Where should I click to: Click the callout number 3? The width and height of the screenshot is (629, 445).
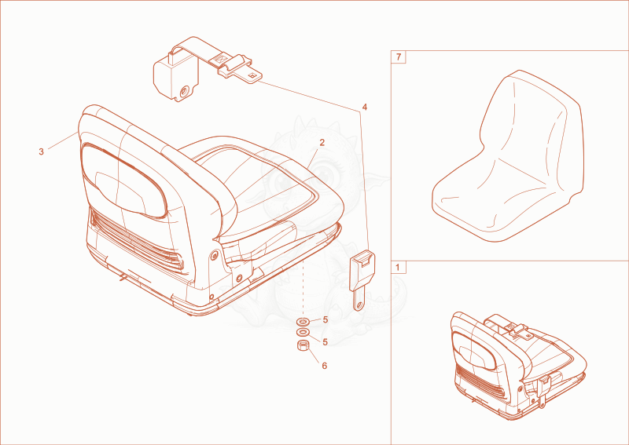[41, 152]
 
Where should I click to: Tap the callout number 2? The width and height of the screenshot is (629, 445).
[322, 142]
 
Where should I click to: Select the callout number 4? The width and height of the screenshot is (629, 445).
[364, 107]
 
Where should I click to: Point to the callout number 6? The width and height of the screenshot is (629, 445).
[324, 366]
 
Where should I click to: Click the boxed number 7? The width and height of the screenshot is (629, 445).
[398, 57]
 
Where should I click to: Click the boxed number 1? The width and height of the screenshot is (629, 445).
[398, 267]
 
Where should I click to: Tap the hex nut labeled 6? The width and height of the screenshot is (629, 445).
[303, 345]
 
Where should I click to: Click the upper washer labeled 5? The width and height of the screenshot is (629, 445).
[303, 321]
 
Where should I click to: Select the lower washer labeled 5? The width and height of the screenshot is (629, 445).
[303, 332]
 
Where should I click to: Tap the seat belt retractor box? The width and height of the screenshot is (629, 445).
[175, 77]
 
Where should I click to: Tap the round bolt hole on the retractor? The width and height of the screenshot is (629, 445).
[185, 91]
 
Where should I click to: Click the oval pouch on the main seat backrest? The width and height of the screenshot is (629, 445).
[123, 181]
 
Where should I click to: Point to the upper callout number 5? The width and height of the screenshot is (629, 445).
[326, 319]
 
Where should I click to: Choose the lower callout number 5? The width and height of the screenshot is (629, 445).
[326, 342]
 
